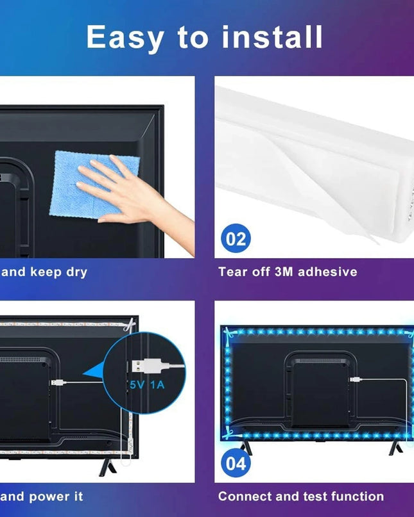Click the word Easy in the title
(x=125, y=38)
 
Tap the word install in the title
(x=272, y=37)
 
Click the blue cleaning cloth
(x=94, y=185)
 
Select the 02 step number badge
(x=236, y=238)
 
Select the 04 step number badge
(x=236, y=463)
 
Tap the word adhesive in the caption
(x=327, y=272)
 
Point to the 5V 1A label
(x=147, y=385)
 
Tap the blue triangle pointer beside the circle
(x=94, y=370)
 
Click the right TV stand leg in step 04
(x=395, y=448)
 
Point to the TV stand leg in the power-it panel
(x=107, y=467)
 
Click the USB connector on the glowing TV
(x=356, y=379)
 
